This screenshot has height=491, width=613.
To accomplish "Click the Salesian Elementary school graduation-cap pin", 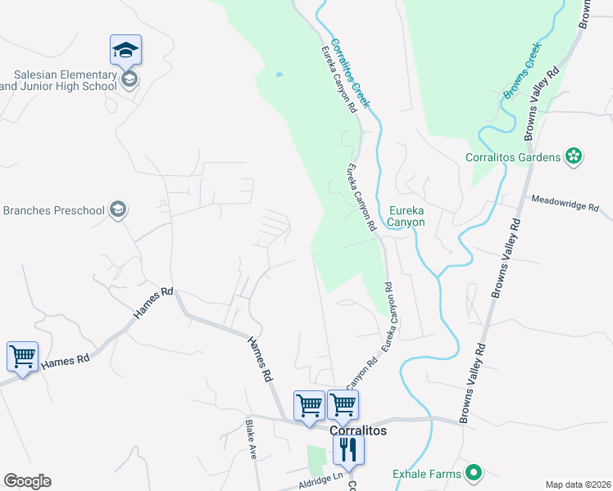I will point(125,51).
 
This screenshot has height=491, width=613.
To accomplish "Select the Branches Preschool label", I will point(54,210).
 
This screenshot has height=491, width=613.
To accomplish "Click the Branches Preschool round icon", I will point(118,210).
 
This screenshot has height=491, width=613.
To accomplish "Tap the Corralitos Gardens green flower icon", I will point(574,156).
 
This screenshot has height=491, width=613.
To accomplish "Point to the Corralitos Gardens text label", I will point(513,157).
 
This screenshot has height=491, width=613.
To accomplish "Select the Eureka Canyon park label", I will point(406,215).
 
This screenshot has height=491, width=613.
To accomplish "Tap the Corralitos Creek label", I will point(351,73).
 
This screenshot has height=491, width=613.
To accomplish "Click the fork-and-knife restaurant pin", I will point(348,449).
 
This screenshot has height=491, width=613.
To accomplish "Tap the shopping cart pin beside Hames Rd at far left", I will point(22,358).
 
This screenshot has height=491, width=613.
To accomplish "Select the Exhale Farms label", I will point(425,472).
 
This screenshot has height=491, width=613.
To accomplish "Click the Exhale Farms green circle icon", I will point(473,472).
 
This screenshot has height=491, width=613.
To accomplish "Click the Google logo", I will point(27,481).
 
